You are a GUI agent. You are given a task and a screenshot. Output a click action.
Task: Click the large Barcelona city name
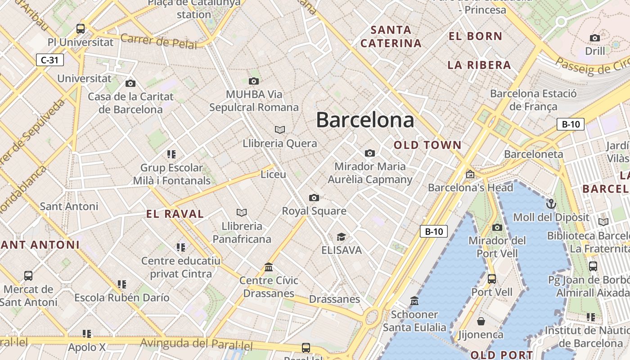coord(365,120)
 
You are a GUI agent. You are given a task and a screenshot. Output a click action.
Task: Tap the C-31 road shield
coord(49,60)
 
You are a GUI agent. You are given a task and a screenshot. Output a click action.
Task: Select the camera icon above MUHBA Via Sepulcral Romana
coord(254,81)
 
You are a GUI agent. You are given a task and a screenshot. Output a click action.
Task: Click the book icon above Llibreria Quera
coord(280,130)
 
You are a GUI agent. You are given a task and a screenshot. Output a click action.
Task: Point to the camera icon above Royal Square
coord(314,198)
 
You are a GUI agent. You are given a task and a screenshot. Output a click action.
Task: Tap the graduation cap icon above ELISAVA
coord(342,237)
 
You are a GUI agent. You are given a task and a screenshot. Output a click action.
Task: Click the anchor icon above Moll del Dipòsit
coord(551,204)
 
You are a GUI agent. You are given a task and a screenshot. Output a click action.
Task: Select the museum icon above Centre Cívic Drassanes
coord(269,267)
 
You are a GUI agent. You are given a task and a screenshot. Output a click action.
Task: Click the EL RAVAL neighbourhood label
coord(175,214)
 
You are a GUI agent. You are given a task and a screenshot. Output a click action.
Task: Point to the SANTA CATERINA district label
coord(391,37)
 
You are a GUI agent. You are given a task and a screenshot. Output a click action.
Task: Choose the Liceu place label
coord(273,174)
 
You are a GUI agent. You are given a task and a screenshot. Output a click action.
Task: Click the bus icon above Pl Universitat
coord(81,29)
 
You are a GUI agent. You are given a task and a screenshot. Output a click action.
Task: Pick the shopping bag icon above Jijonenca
coord(481,321)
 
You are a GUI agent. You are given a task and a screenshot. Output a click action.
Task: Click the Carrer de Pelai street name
coord(159,41)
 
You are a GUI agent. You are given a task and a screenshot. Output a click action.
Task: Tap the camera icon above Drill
coord(595,38)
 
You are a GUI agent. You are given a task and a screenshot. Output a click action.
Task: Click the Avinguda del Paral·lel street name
coord(197,344)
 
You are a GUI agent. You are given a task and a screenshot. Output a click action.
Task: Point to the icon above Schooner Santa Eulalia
coord(414,301)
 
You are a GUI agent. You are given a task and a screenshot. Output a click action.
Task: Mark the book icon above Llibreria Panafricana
coord(242,212)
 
